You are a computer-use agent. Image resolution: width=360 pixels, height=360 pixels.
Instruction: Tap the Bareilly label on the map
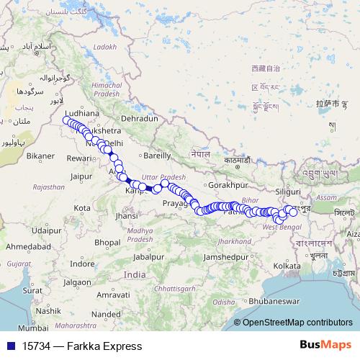click(x=158, y=155)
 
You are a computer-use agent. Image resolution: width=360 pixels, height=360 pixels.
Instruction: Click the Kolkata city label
click(x=287, y=266)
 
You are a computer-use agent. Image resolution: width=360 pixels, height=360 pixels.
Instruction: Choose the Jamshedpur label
click(x=225, y=257)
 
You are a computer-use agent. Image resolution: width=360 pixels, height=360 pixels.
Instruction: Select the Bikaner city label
click(x=40, y=156)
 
